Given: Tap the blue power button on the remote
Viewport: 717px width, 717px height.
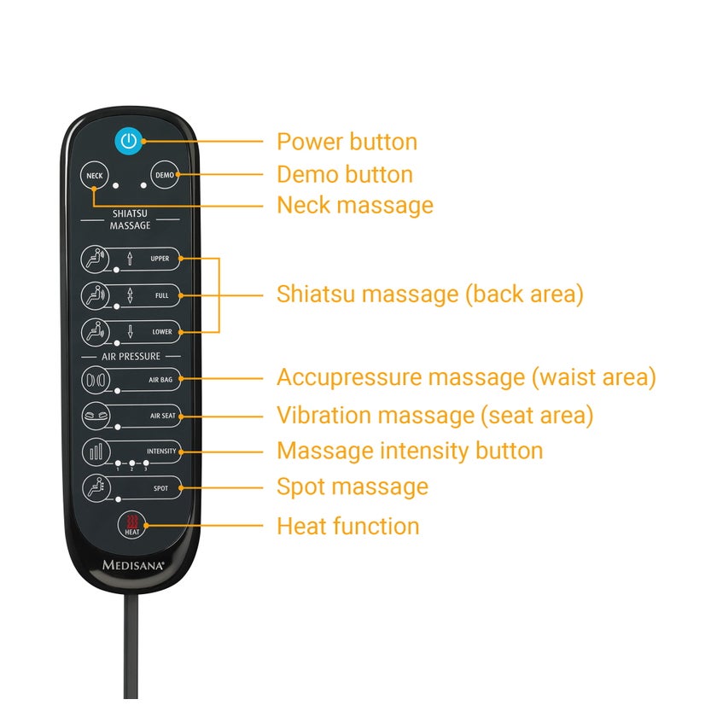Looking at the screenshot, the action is click(129, 141).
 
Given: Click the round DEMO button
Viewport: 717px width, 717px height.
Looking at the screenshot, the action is click(164, 175).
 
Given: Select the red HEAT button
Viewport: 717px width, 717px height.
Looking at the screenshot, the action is click(132, 525).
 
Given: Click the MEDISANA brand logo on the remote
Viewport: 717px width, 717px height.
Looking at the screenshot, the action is click(133, 565).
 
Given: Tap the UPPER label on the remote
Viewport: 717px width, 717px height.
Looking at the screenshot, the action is click(160, 259).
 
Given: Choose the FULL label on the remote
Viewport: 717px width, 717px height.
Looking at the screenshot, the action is click(162, 295).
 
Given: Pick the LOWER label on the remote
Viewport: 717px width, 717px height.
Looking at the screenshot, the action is click(162, 332).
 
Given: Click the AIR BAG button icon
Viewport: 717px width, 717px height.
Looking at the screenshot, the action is click(96, 380).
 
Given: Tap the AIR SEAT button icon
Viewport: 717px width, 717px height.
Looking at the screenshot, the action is click(96, 416).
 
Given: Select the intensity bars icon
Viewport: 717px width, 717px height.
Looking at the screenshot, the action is click(96, 452).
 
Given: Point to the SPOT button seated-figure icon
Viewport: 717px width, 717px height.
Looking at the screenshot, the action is click(96, 488).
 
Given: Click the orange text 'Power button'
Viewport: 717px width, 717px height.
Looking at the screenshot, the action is click(347, 142).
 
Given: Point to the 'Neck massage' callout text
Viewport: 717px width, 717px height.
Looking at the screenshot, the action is click(355, 206).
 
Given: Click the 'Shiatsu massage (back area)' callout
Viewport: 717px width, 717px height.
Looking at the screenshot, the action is click(430, 294).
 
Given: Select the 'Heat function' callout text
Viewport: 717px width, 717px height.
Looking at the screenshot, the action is click(348, 526).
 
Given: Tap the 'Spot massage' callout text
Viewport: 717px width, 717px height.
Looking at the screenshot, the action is click(353, 487).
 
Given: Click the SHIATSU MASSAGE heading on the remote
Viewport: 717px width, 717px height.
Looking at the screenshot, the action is click(130, 219).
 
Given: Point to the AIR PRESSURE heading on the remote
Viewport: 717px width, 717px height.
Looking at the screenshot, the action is click(131, 356).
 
